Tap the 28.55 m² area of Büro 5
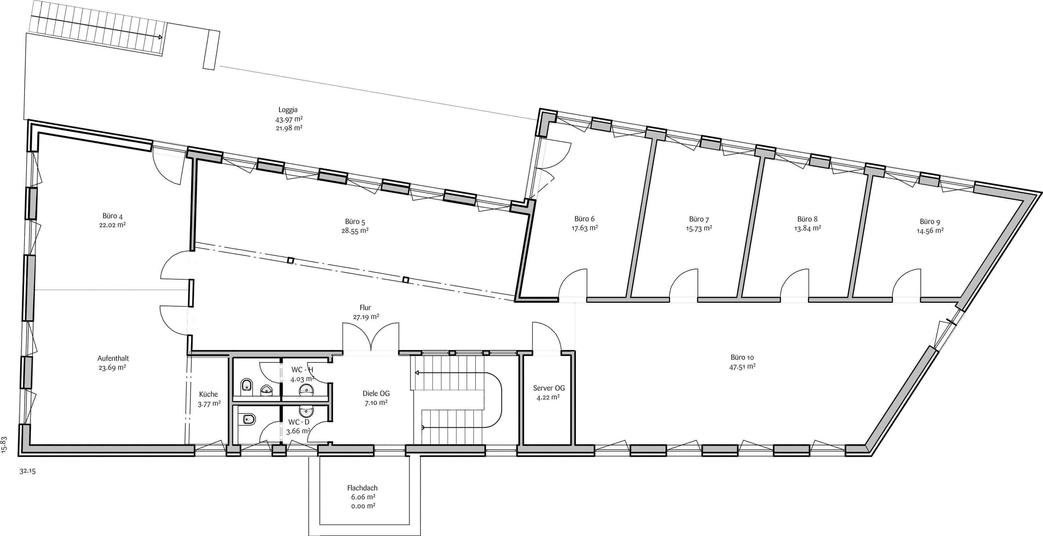click(355, 231)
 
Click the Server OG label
click(549, 388)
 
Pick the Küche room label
click(209, 394)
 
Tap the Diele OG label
click(376, 393)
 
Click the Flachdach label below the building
click(362, 488)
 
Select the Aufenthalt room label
click(113, 359)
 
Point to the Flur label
click(365, 308)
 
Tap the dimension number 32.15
click(27, 471)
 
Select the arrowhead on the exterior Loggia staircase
click(160, 37)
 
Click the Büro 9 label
click(930, 222)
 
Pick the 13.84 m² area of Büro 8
click(807, 228)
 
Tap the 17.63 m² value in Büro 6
click(585, 228)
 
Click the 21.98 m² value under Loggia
click(289, 128)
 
